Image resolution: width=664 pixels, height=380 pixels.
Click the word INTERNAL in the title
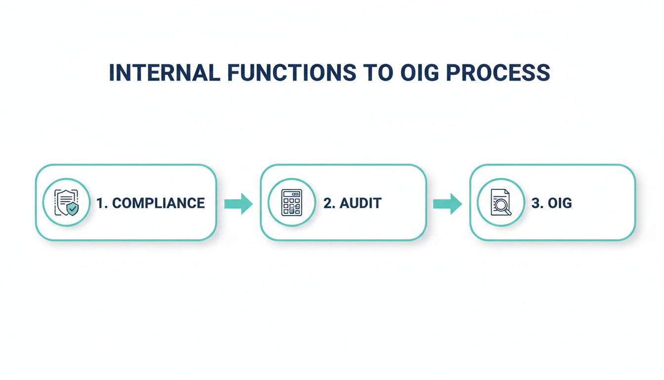click(164, 73)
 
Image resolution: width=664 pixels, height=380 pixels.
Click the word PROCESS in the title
click(498, 73)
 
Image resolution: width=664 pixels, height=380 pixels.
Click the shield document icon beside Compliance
click(66, 202)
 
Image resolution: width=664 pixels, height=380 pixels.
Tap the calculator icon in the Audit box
click(291, 202)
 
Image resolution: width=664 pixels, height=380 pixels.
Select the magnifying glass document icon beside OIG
click(501, 202)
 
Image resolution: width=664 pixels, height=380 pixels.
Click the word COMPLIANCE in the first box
click(159, 203)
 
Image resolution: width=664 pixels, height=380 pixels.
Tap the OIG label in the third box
click(559, 203)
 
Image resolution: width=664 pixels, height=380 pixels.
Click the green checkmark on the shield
click(73, 209)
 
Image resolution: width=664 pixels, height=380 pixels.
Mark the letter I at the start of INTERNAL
click(112, 73)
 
